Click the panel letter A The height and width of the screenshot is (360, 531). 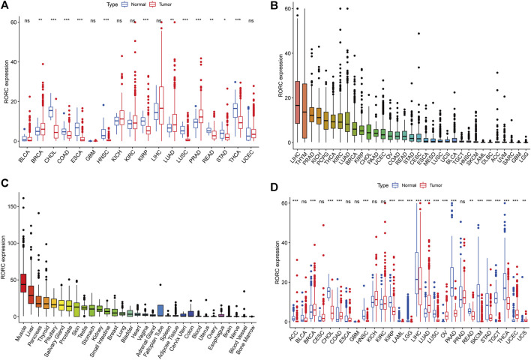[6, 6]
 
